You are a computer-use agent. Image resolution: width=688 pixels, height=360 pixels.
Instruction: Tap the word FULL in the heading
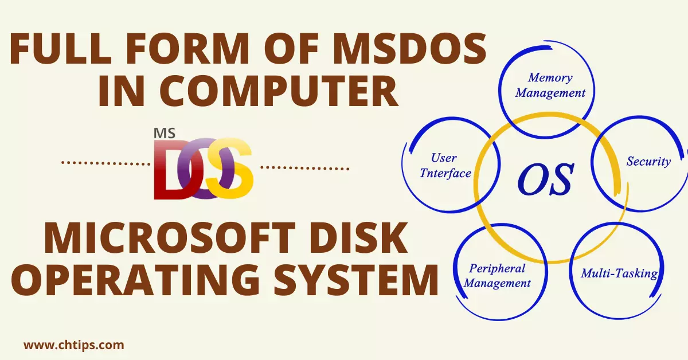(x=60, y=49)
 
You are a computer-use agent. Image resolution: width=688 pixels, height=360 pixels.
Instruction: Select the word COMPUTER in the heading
(x=278, y=91)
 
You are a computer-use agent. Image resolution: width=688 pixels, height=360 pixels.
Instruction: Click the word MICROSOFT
(x=170, y=237)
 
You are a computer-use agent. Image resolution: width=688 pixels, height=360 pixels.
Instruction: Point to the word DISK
(x=358, y=237)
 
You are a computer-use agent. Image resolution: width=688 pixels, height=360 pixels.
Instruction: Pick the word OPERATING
(x=135, y=280)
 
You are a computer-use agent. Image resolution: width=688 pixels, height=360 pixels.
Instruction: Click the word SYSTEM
(x=355, y=280)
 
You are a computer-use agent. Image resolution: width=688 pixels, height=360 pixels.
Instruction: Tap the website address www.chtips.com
(x=74, y=345)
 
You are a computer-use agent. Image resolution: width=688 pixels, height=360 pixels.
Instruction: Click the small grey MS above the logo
(x=165, y=134)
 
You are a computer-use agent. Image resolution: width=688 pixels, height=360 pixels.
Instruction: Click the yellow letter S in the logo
(x=230, y=169)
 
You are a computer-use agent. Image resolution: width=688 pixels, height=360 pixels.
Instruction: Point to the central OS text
(x=545, y=179)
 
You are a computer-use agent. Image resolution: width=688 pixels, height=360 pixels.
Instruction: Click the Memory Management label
(x=550, y=85)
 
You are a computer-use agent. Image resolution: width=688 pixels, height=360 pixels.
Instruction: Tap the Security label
(x=648, y=162)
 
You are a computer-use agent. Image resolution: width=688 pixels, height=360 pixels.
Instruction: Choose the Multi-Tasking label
(x=619, y=273)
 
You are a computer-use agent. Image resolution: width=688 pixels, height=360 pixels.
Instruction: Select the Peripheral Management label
(x=497, y=276)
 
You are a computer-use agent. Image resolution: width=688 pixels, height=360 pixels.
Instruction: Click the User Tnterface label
(x=445, y=166)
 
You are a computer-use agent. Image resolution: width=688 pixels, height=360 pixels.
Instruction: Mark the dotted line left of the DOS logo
(x=105, y=163)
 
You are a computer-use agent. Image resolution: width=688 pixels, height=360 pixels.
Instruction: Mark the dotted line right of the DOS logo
(x=304, y=168)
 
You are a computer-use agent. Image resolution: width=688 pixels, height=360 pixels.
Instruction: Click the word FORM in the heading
(x=187, y=49)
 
